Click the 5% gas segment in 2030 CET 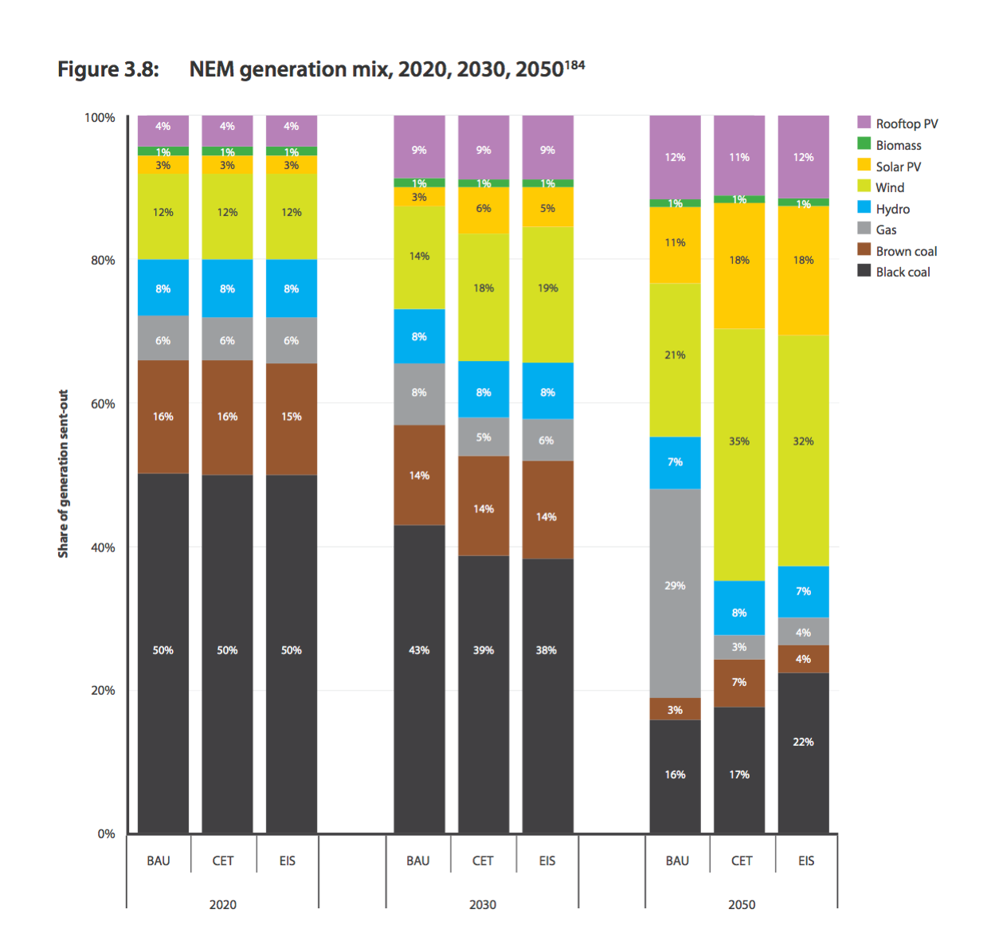pyautogui.click(x=484, y=437)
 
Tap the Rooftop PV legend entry pyautogui.click(x=907, y=123)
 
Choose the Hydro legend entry pyautogui.click(x=892, y=209)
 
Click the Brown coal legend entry pyautogui.click(x=906, y=251)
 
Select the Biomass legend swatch pyautogui.click(x=864, y=144)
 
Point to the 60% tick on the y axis pyautogui.click(x=103, y=404)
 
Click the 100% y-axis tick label pyautogui.click(x=100, y=118)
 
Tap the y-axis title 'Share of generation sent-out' pyautogui.click(x=63, y=473)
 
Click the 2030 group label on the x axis pyautogui.click(x=483, y=904)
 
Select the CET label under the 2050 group pyautogui.click(x=742, y=861)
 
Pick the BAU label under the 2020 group pyautogui.click(x=159, y=861)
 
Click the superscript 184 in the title pyautogui.click(x=575, y=65)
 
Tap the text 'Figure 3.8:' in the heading pyautogui.click(x=108, y=70)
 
